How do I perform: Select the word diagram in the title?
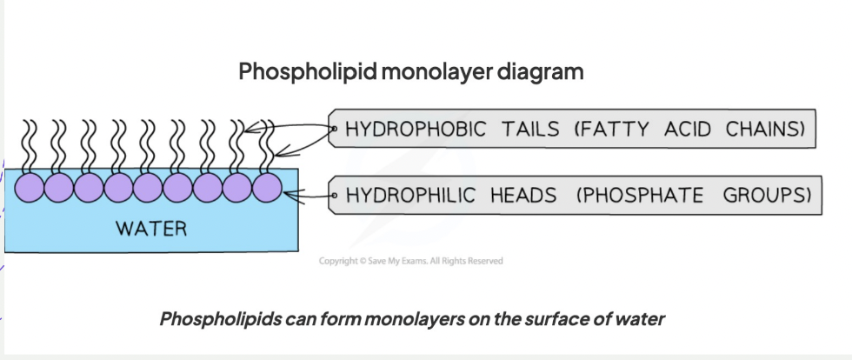point(541,71)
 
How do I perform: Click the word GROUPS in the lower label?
point(767,195)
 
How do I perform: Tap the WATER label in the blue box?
point(152,230)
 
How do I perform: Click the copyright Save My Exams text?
point(410,261)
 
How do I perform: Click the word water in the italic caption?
point(639,318)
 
